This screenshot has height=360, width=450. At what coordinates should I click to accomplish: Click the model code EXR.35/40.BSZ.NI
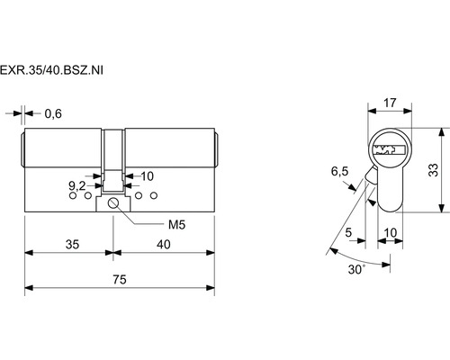pyautogui.click(x=51, y=70)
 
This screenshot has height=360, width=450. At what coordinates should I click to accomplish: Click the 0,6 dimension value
pyautogui.click(x=53, y=114)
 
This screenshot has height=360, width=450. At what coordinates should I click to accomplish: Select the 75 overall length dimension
pyautogui.click(x=120, y=280)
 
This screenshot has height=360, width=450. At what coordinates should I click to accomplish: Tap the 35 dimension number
pyautogui.click(x=72, y=245)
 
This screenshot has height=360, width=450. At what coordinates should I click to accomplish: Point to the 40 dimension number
pyautogui.click(x=164, y=245)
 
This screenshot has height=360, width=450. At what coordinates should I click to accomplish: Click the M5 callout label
pyautogui.click(x=176, y=224)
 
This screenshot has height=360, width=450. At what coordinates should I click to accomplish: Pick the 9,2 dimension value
pyautogui.click(x=77, y=186)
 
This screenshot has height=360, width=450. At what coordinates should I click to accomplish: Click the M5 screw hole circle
pyautogui.click(x=113, y=203)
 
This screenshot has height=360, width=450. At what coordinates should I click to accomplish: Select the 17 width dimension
pyautogui.click(x=390, y=103)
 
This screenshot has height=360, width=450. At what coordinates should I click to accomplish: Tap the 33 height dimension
pyautogui.click(x=434, y=170)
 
